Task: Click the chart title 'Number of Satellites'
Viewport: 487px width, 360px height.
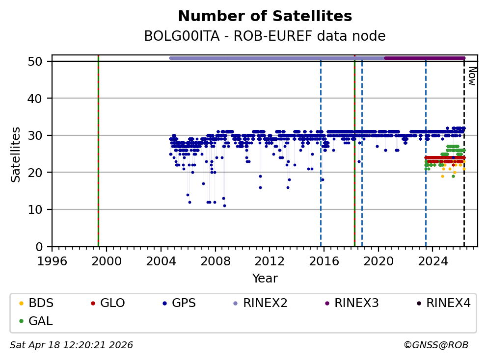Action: (265, 17)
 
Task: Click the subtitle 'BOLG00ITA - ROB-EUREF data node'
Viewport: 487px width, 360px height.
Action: (265, 36)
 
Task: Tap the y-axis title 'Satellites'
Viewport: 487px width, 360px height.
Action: (16, 154)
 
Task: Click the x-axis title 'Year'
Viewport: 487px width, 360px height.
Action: (265, 279)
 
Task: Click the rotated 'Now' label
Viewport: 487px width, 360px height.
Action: (471, 76)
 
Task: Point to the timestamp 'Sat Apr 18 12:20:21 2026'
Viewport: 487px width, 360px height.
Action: (72, 345)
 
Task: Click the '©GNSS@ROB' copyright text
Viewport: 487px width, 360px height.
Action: (436, 345)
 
